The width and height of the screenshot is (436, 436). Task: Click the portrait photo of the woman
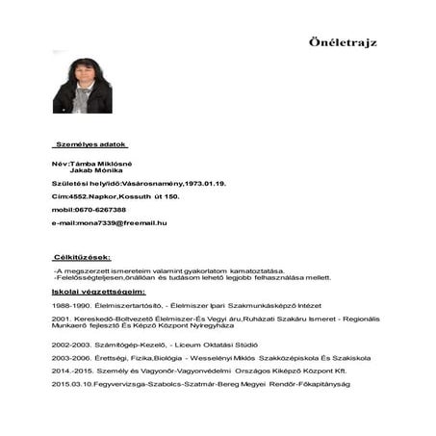click(82, 83)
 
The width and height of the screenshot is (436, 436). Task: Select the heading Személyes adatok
click(90, 143)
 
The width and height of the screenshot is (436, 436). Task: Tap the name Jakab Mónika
click(94, 170)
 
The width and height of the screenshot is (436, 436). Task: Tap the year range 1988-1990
click(71, 303)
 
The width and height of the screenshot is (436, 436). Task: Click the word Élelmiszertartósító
click(129, 303)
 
